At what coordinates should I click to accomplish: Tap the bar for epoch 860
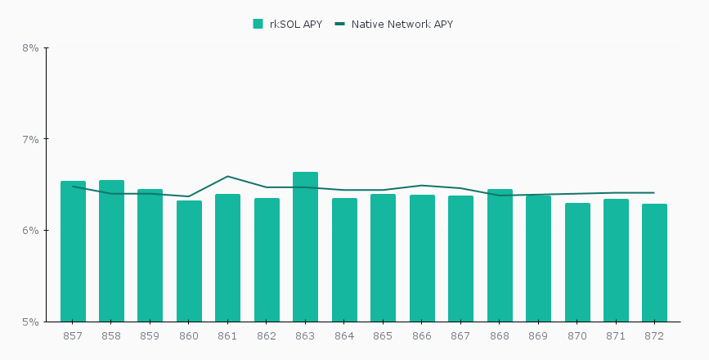(x=189, y=261)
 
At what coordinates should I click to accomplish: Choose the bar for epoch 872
(x=654, y=263)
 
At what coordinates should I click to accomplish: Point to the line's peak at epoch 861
(x=227, y=176)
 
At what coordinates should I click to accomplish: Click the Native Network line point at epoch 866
(x=422, y=185)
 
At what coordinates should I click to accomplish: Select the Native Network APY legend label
(x=402, y=24)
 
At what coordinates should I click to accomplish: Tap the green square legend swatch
(x=258, y=24)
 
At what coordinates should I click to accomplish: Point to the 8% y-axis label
(x=31, y=47)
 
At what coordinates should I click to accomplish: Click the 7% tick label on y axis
(x=31, y=139)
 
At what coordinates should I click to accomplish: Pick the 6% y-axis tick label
(x=31, y=231)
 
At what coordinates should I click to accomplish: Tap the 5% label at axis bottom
(x=31, y=322)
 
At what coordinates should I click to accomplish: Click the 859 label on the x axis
(x=150, y=336)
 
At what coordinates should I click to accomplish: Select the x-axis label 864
(x=344, y=336)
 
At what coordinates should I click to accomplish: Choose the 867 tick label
(x=460, y=336)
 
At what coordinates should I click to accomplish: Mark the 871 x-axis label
(x=616, y=336)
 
